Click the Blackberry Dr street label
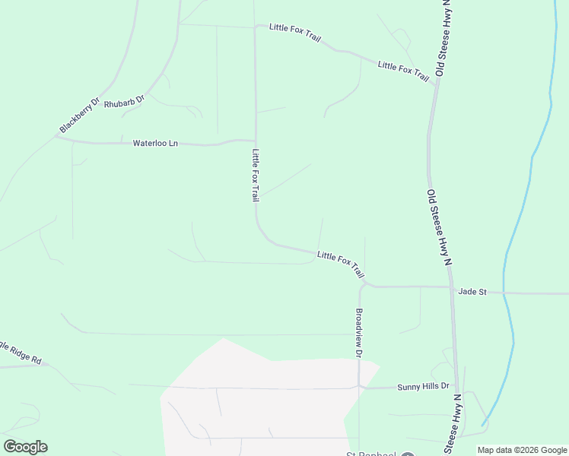click(x=81, y=115)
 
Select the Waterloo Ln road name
click(x=155, y=143)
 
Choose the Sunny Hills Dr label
click(x=424, y=387)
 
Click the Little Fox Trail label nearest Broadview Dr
click(x=341, y=263)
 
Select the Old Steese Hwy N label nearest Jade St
click(x=439, y=227)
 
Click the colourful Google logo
click(x=25, y=447)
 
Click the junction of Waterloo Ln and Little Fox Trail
click(x=254, y=141)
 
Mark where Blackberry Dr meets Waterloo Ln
click(x=58, y=137)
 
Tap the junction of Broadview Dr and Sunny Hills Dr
click(x=359, y=387)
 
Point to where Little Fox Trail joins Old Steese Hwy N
click(x=435, y=84)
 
